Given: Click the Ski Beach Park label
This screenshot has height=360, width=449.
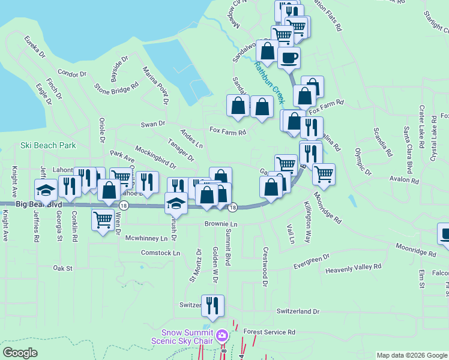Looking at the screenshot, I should [x=48, y=145].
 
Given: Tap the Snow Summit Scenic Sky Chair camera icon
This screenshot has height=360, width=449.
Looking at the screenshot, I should [x=221, y=335].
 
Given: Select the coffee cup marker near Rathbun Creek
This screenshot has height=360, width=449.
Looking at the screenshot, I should [x=289, y=59].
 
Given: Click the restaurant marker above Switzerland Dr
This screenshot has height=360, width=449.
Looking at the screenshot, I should [x=212, y=306].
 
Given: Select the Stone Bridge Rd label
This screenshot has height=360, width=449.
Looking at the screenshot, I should [x=116, y=88].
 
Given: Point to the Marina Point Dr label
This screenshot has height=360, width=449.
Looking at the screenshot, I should [x=154, y=84].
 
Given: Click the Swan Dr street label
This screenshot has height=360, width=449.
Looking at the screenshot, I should [x=152, y=124].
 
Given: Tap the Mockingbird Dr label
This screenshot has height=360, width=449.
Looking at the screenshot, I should [x=155, y=157].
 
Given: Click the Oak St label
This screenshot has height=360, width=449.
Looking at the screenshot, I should [x=62, y=268].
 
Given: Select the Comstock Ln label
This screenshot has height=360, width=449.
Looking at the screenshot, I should [x=160, y=253].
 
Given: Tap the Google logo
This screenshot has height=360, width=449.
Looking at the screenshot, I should [x=20, y=353].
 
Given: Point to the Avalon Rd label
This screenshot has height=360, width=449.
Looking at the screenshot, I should [x=403, y=180].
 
